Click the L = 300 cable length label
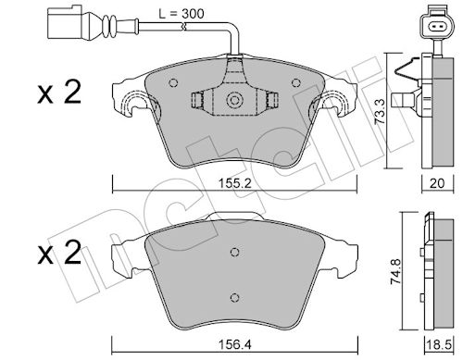click(181, 14)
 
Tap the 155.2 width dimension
click(235, 183)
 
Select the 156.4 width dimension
click(234, 344)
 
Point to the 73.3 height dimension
click(380, 112)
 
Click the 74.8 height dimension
click(395, 271)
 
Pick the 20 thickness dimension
click(437, 183)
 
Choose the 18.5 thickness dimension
click(438, 344)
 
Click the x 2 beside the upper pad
click(59, 92)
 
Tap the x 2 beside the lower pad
click(59, 253)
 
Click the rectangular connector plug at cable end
click(65, 23)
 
